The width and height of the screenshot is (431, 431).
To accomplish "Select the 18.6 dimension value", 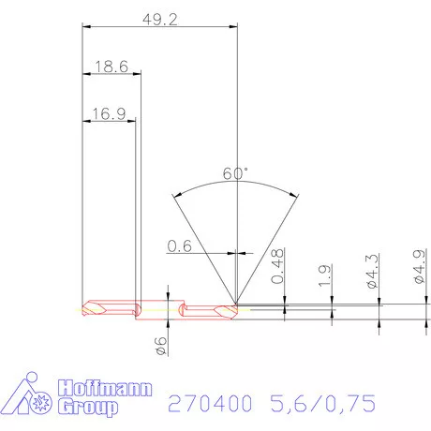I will [111, 67].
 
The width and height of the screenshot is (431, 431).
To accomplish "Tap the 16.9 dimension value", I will [109, 115].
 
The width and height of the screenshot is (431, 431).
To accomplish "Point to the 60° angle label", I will [236, 173].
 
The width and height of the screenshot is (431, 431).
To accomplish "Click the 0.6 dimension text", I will [180, 246].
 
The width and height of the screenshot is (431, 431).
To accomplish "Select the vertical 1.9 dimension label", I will [323, 277].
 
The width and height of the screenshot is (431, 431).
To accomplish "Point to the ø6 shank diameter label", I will [160, 345].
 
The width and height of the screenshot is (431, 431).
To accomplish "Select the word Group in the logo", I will [88, 408].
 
